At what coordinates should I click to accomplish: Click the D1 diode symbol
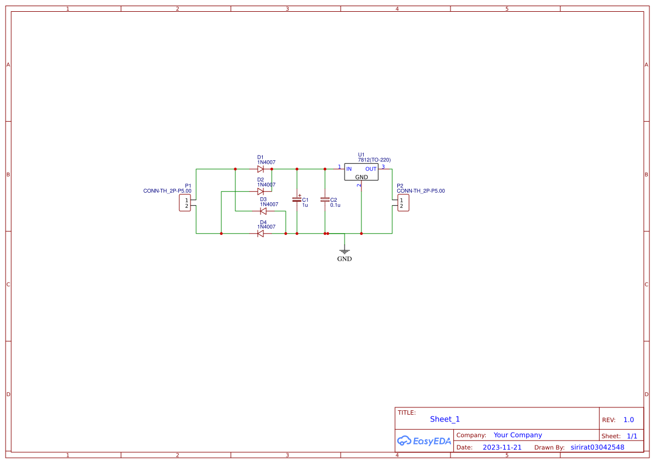pyautogui.click(x=261, y=169)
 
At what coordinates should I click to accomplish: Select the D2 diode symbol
pyautogui.click(x=261, y=191)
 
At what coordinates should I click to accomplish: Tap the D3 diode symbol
pyautogui.click(x=263, y=211)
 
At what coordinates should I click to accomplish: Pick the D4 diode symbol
pyautogui.click(x=261, y=233)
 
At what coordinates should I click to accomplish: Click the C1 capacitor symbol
pyautogui.click(x=297, y=199)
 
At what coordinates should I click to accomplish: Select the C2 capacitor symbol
pyautogui.click(x=324, y=199)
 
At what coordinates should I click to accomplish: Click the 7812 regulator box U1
pyautogui.click(x=361, y=172)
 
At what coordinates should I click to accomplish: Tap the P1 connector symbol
pyautogui.click(x=185, y=203)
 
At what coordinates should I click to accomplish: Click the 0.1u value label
pyautogui.click(x=335, y=205)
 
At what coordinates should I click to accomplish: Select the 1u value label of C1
pyautogui.click(x=305, y=205)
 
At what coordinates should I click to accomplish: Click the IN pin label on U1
pyautogui.click(x=349, y=169)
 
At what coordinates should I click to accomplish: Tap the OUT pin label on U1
pyautogui.click(x=371, y=169)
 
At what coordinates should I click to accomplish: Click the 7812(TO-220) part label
pyautogui.click(x=374, y=160)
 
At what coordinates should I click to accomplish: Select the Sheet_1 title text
pyautogui.click(x=445, y=419)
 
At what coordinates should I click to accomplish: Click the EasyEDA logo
pyautogui.click(x=424, y=441)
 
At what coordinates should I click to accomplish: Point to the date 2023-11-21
pyautogui.click(x=502, y=447)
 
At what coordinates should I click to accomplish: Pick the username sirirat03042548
pyautogui.click(x=597, y=447)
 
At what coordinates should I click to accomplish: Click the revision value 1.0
pyautogui.click(x=629, y=420)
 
